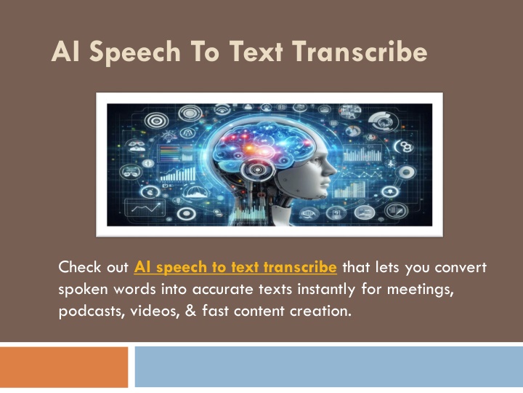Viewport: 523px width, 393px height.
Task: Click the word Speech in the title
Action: pos(135,52)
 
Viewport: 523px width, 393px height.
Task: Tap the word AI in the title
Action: pos(65,52)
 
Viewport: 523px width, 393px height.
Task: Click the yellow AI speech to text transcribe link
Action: pos(235,267)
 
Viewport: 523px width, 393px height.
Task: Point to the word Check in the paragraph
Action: pos(80,267)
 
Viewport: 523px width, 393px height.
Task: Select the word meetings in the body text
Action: pos(421,290)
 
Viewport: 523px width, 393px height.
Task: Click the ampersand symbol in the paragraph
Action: pos(190,311)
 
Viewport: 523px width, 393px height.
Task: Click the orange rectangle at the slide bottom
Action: pos(64,367)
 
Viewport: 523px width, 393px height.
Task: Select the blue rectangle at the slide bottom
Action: pos(329,367)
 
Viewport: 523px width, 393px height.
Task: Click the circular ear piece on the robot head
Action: pos(257,170)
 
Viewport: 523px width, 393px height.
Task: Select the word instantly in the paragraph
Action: pos(326,290)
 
